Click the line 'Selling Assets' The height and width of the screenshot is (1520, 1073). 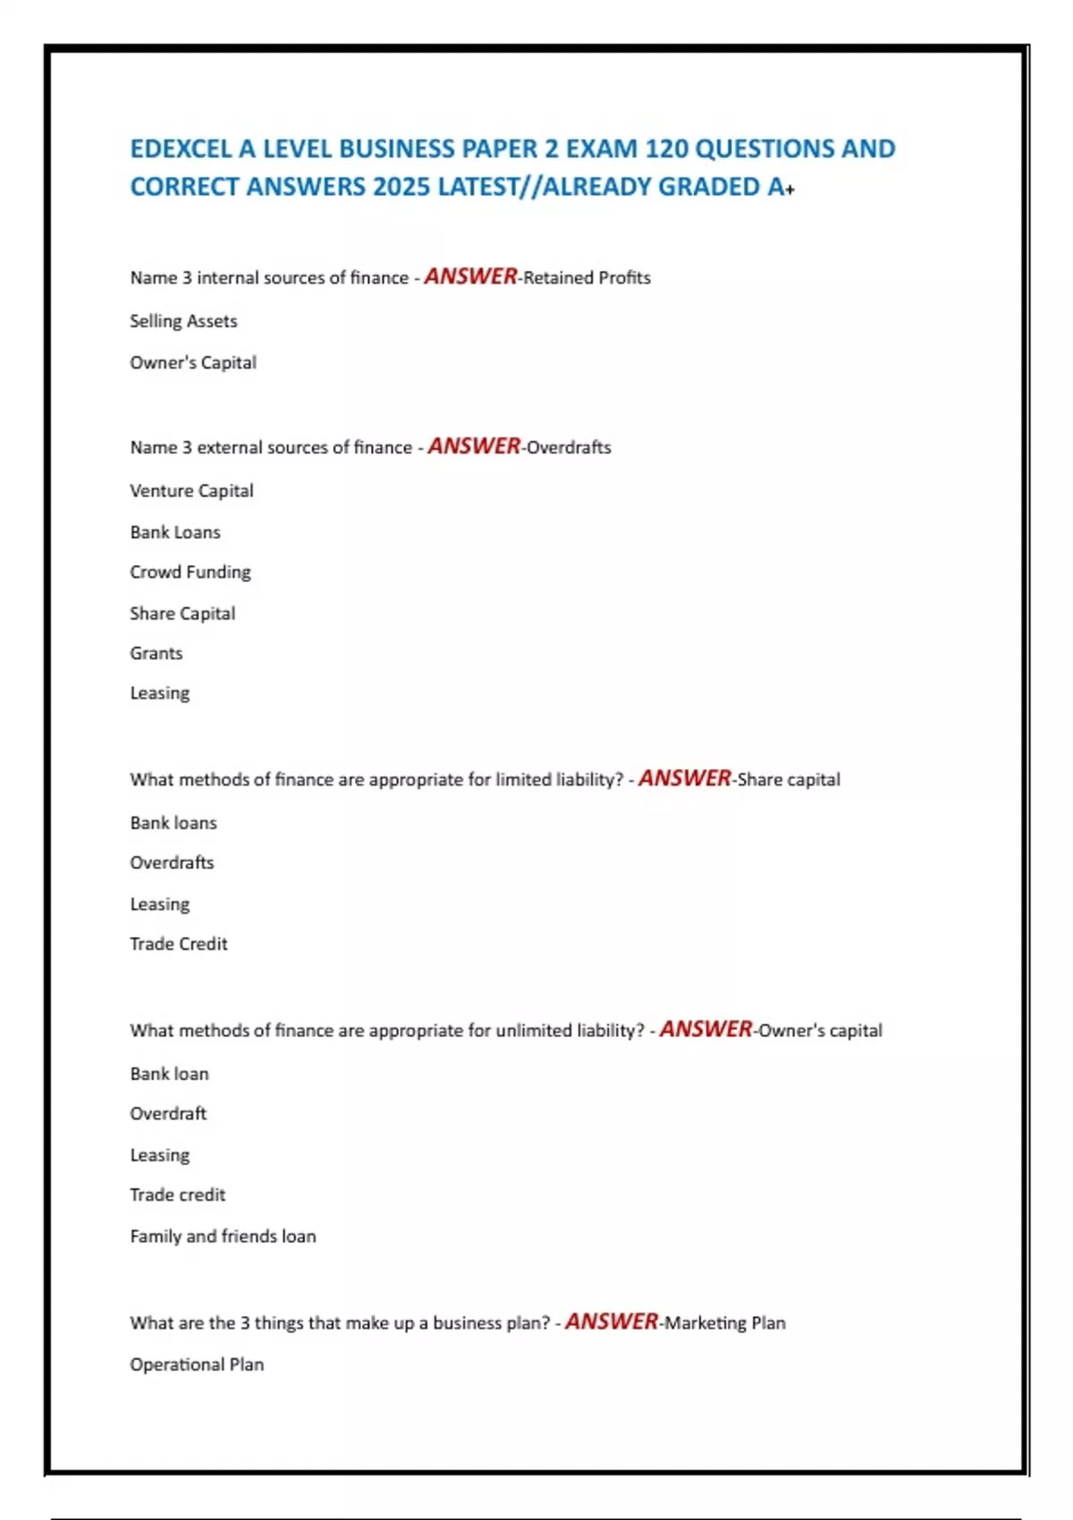(x=183, y=321)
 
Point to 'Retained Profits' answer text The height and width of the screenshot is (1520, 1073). (x=587, y=278)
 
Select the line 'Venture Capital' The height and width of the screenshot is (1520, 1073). (x=191, y=491)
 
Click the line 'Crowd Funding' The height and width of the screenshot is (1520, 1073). (x=190, y=572)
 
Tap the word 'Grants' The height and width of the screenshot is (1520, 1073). (x=156, y=654)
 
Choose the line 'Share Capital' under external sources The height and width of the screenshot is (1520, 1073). (x=182, y=613)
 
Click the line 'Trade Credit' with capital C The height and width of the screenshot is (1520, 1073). (x=178, y=944)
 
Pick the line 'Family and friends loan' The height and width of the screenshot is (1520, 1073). (x=223, y=1237)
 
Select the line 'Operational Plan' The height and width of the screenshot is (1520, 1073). (x=197, y=1365)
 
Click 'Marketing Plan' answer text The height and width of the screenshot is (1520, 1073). (x=724, y=1323)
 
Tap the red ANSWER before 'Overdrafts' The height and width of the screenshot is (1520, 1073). (x=474, y=446)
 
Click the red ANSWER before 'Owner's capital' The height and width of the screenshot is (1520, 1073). (x=705, y=1030)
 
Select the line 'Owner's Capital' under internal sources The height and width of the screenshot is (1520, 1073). (x=193, y=363)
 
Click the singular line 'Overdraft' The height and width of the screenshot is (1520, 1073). (x=168, y=1114)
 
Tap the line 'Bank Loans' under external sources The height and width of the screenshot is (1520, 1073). (x=175, y=533)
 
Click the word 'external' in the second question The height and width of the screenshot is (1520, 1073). (x=229, y=448)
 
